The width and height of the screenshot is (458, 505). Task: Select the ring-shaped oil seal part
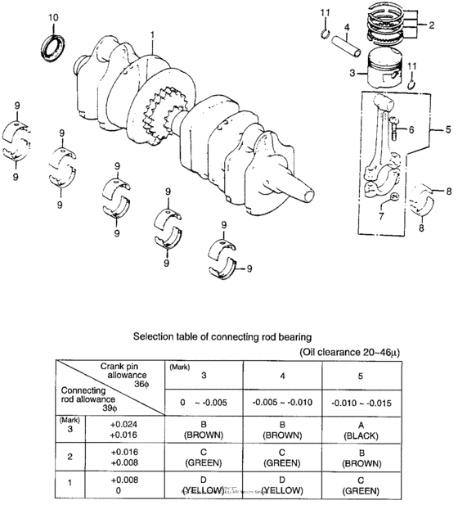pyautogui.click(x=53, y=46)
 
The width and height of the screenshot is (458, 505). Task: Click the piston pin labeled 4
pyautogui.click(x=349, y=48)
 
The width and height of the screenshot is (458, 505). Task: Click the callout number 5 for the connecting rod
pyautogui.click(x=447, y=129)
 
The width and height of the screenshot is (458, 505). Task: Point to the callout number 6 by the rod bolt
pyautogui.click(x=411, y=129)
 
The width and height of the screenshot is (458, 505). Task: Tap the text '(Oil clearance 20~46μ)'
pyautogui.click(x=358, y=352)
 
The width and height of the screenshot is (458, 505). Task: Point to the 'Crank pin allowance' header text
pyautogui.click(x=123, y=372)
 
